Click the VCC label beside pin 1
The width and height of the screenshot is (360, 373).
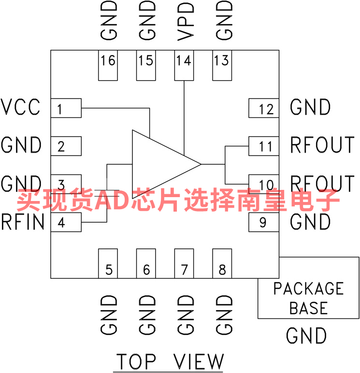point(20,107)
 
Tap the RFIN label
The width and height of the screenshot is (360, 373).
point(23,222)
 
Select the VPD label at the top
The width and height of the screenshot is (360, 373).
point(186,21)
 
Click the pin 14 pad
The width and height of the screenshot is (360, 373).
point(184,65)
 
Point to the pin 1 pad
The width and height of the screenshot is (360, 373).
point(66,108)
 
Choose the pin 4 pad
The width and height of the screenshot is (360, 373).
point(66,222)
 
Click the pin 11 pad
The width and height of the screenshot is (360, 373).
point(264,146)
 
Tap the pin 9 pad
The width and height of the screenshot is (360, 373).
point(264,222)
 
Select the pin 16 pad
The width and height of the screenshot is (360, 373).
point(108,65)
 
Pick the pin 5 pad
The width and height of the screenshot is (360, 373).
point(108,264)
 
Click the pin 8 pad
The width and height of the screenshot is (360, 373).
point(222,264)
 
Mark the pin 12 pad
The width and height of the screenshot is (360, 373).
point(264,108)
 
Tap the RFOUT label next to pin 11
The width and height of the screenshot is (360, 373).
point(322,145)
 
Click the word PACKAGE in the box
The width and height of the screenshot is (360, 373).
point(309,288)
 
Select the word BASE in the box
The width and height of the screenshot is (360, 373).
point(309,308)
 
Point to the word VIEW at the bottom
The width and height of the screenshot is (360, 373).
point(199,361)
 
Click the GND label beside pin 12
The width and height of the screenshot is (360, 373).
point(310,107)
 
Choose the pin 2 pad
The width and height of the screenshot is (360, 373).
point(66,146)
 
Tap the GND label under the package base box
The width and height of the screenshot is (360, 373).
point(306,335)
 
